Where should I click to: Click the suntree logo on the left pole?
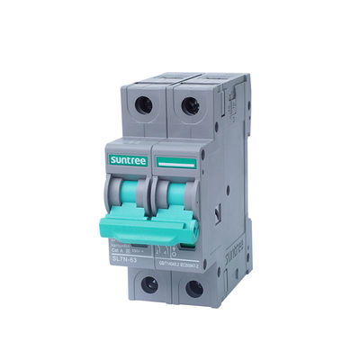point(127,158)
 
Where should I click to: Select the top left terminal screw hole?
point(143,103)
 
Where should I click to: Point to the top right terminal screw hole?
point(190,107)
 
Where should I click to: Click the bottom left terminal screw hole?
point(149,284)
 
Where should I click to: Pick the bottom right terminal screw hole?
point(193,289)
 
